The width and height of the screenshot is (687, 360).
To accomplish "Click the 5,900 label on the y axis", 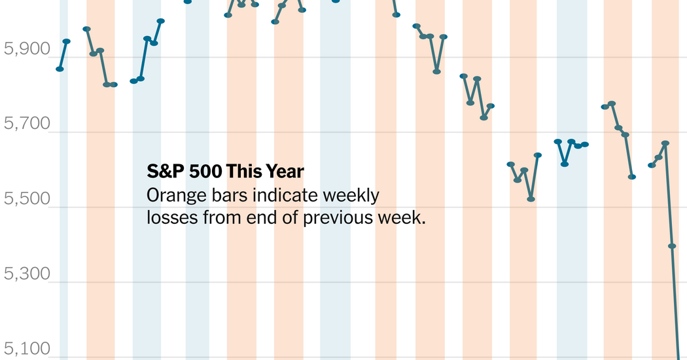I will (26, 48).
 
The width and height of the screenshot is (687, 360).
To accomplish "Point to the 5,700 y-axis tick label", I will (26, 123).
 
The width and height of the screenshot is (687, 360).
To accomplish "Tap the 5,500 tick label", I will (26, 198).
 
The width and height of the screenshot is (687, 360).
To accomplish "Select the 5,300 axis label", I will (26, 274).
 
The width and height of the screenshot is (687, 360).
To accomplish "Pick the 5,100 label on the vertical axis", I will (26, 348).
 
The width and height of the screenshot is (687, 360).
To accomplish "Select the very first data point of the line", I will (60, 69).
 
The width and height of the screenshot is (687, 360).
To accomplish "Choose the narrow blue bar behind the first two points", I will (63, 196).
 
